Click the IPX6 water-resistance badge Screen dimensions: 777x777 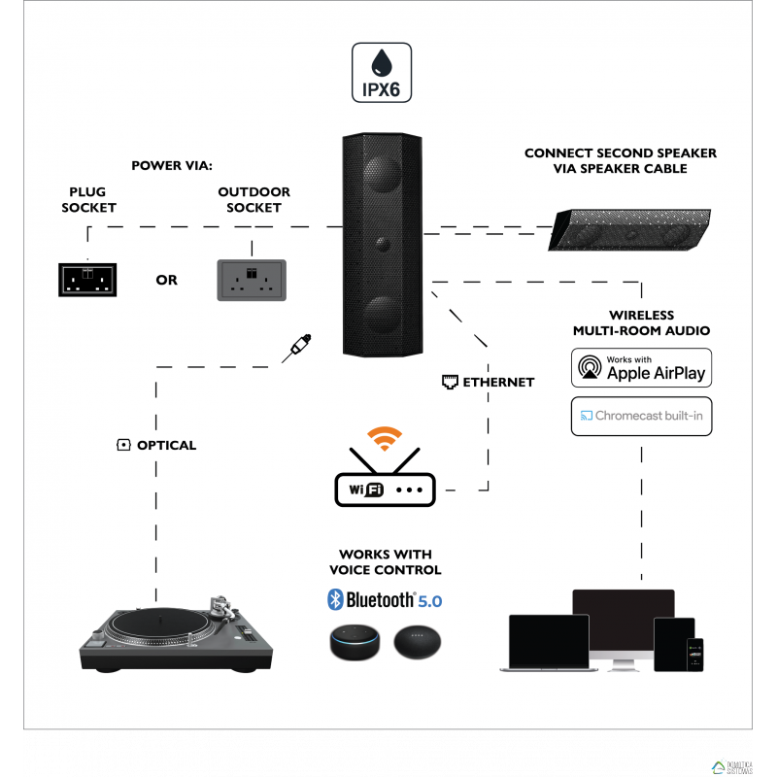coord(382,74)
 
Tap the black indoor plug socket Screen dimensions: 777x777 coord(85,279)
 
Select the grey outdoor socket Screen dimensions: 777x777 coord(252,279)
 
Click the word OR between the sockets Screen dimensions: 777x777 coord(167,280)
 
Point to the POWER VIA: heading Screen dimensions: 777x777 coord(172,165)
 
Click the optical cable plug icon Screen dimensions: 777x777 coord(296,349)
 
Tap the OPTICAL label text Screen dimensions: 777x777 coord(166,445)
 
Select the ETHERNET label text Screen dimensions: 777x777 coord(497,382)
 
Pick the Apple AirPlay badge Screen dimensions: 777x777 coord(641,369)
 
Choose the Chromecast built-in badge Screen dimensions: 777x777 coord(641,416)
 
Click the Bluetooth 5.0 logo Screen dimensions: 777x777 coord(385,599)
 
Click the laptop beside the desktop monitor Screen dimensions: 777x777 coord(546,642)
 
